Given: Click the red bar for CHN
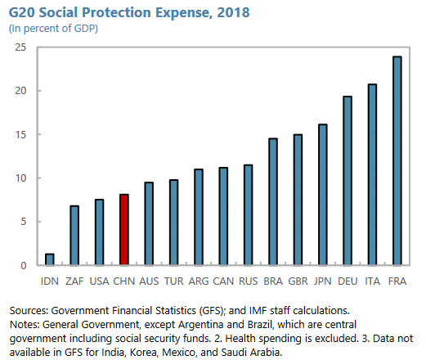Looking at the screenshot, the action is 124,229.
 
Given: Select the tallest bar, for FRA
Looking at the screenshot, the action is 397,160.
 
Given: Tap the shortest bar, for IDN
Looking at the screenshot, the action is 50,259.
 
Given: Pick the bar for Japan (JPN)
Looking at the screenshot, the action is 323,195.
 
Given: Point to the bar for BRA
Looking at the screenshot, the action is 273,201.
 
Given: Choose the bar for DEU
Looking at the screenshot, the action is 348,181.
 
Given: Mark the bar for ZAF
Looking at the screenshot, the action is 74,236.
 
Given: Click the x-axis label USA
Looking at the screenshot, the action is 99,281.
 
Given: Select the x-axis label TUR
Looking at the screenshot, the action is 173,281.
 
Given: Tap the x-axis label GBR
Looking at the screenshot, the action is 298,281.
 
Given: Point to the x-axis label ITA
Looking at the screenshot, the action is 372,281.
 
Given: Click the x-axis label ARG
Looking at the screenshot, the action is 199,281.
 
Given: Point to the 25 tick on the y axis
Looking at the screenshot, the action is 20,47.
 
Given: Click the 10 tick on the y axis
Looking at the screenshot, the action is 20,178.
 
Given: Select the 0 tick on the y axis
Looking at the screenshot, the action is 24,265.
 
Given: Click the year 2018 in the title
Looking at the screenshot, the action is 233,12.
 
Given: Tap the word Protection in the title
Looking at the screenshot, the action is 117,12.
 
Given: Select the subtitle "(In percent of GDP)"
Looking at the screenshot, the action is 53,29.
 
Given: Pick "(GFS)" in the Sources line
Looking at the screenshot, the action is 212,311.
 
